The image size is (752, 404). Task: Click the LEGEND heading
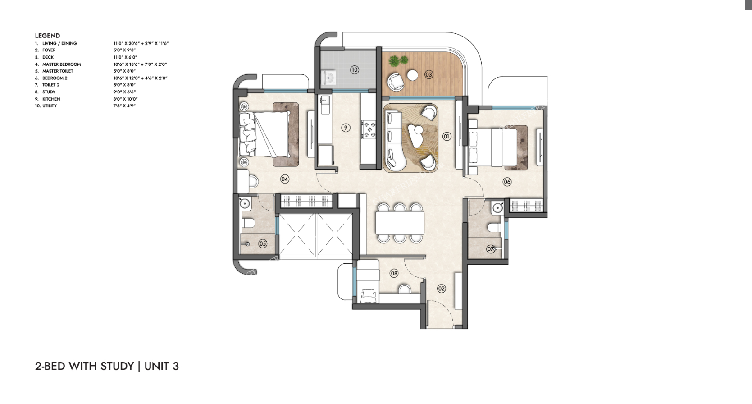[47, 36]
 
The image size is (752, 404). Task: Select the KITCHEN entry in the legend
[51, 99]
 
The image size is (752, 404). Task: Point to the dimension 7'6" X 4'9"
[124, 106]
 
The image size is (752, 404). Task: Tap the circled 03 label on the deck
[428, 74]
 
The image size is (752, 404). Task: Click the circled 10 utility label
[355, 70]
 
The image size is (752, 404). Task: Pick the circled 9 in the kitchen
[346, 128]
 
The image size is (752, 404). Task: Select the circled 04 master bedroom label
[285, 179]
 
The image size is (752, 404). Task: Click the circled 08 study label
[394, 273]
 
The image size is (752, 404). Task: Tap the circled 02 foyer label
[442, 289]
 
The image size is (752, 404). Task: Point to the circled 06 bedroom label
[507, 182]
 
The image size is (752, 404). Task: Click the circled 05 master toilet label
[263, 244]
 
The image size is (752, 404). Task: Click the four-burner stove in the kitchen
[369, 129]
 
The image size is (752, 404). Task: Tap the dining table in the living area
[400, 223]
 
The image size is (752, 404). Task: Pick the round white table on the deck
[413, 75]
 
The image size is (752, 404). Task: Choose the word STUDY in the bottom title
[118, 366]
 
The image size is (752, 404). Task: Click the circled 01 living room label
[447, 136]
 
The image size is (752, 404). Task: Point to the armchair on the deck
[397, 82]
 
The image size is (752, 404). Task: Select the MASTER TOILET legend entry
[58, 71]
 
